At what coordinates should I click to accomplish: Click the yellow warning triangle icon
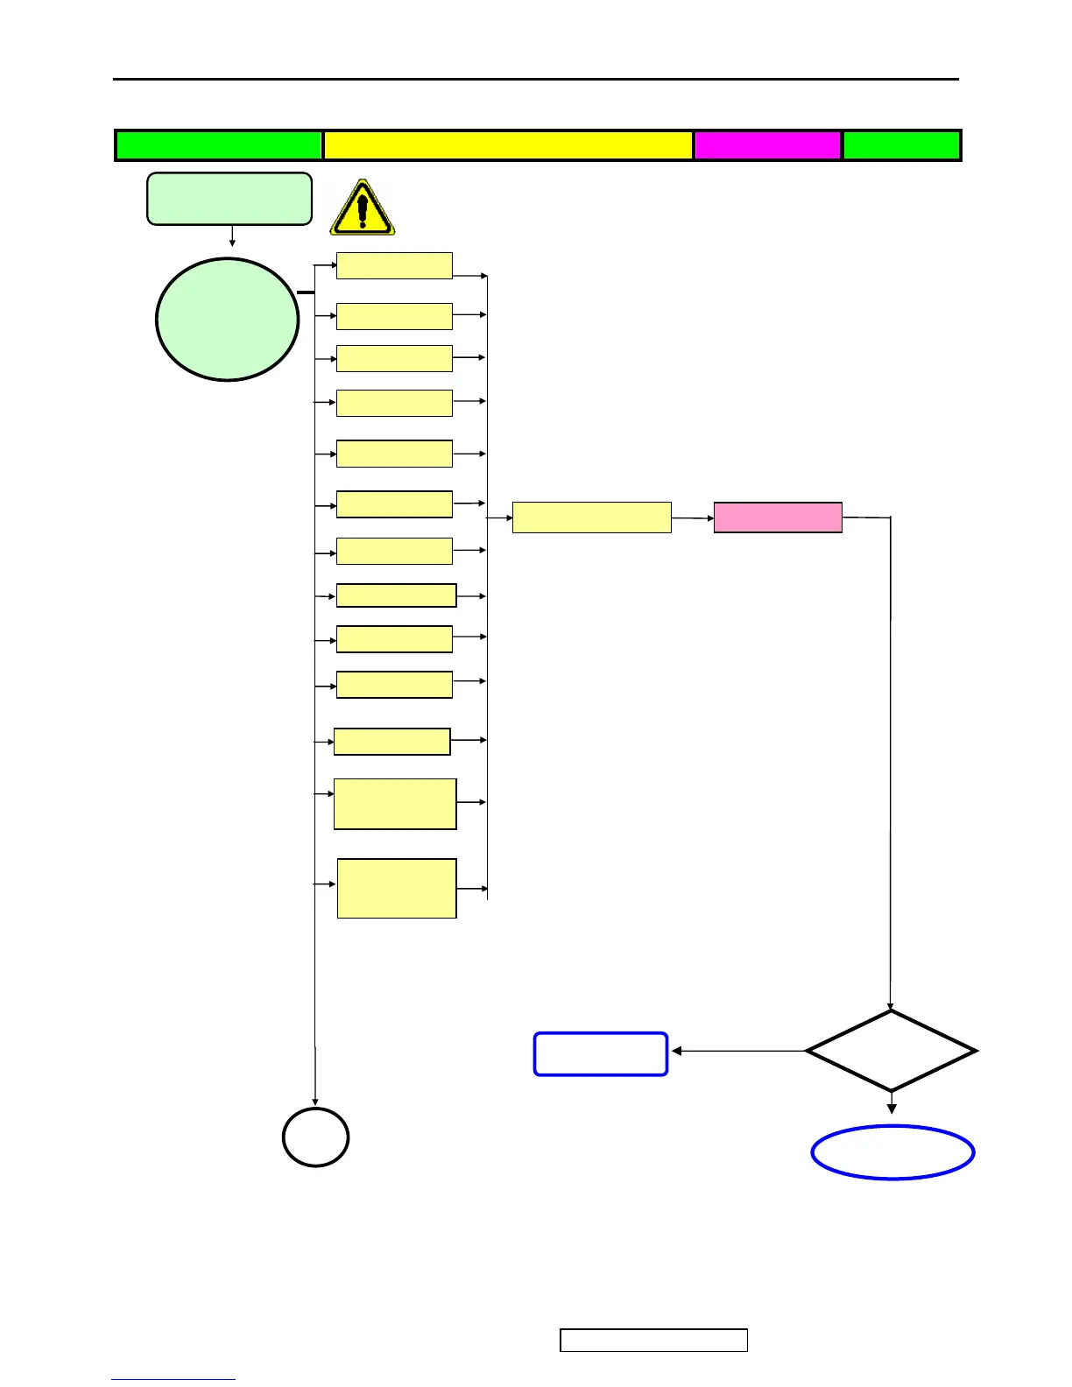[362, 208]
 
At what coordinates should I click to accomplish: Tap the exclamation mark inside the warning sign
[363, 209]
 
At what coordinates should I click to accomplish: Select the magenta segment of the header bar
[767, 145]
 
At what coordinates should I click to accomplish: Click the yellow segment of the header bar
[508, 145]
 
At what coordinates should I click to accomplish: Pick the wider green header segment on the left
[219, 145]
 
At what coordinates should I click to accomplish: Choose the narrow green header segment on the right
[901, 145]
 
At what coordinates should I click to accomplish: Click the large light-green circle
[227, 320]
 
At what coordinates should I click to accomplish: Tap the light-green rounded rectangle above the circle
[229, 199]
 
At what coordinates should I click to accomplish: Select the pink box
[778, 517]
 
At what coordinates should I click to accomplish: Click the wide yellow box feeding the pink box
[591, 517]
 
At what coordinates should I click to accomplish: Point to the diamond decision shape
[891, 1051]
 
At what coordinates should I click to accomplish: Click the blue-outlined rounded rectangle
[601, 1053]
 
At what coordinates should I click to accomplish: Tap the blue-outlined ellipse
[892, 1152]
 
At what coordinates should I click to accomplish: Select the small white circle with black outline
[315, 1137]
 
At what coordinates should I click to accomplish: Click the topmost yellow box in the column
[394, 265]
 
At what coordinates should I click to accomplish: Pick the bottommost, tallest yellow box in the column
[397, 888]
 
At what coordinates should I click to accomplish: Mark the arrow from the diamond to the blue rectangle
[737, 1051]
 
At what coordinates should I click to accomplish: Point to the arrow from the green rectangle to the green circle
[232, 236]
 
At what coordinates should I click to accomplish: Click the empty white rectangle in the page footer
[653, 1340]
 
